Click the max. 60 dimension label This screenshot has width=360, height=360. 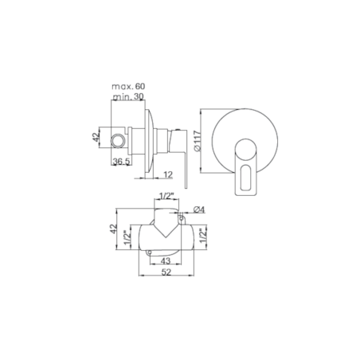[128, 87]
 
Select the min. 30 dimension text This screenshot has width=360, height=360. [128, 96]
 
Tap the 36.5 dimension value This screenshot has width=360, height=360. [121, 161]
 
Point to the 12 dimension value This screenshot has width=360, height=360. [168, 174]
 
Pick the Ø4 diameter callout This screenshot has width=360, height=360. [199, 209]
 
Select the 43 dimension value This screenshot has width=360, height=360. [166, 261]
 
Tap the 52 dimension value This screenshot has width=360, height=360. [166, 272]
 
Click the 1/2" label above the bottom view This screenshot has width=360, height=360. [166, 196]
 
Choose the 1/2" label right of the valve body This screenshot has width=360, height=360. [203, 236]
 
